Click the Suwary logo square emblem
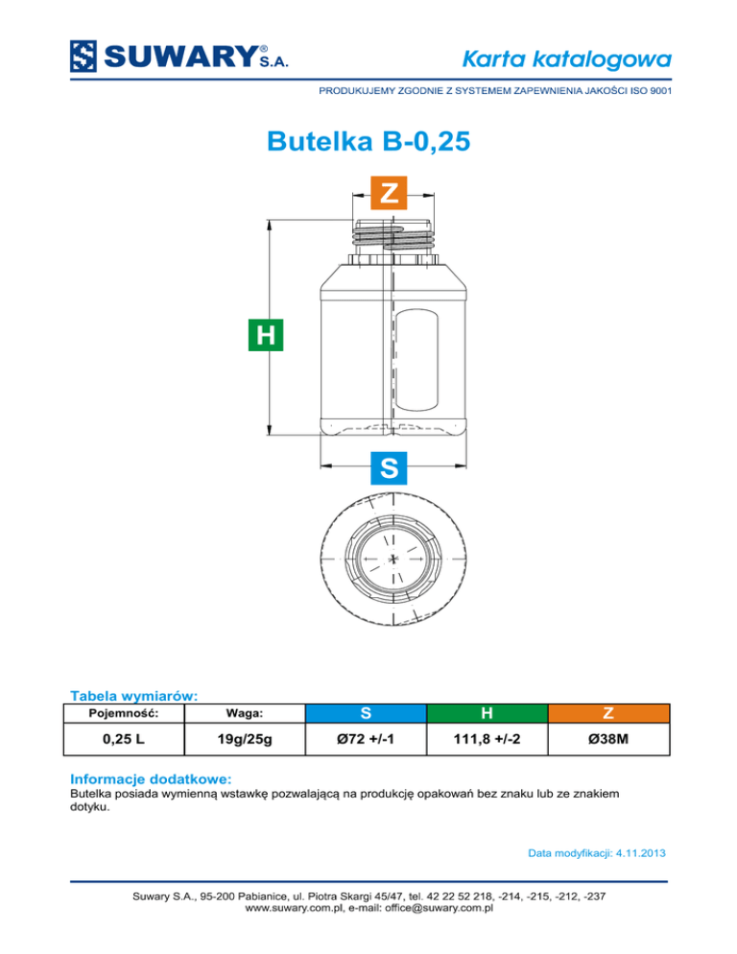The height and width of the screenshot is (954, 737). [83, 57]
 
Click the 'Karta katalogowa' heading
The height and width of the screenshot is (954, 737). [566, 60]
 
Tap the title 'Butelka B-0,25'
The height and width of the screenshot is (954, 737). [368, 140]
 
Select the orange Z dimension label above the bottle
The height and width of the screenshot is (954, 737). [389, 193]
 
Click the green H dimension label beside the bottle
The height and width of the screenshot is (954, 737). [266, 335]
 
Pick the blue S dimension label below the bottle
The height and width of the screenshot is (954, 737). [389, 467]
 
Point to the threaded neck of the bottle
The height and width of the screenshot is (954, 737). [393, 235]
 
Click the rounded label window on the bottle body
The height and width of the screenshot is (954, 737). [416, 359]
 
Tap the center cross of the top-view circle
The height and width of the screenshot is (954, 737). [393, 559]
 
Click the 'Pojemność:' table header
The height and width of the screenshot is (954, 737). [124, 713]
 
